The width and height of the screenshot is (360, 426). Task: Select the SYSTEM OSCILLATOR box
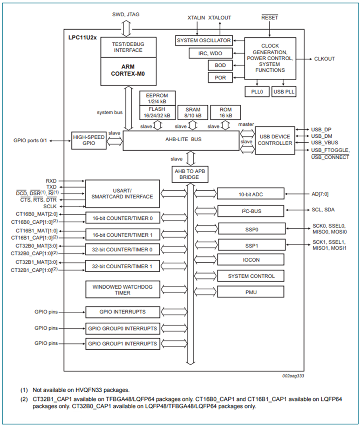tap(204, 40)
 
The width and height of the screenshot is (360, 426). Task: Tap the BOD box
tap(220, 65)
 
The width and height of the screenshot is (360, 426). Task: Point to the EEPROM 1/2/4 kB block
tap(157, 98)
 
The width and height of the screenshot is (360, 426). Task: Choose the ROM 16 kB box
tap(225, 113)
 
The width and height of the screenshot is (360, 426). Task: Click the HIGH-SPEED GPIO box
tap(89, 140)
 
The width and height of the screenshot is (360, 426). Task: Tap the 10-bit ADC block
tap(250, 194)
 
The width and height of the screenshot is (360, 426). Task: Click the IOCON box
tap(250, 260)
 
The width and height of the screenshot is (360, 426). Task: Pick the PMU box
tap(250, 292)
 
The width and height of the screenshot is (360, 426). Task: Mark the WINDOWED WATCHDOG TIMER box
tap(122, 290)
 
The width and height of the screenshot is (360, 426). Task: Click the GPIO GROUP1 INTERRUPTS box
tap(122, 344)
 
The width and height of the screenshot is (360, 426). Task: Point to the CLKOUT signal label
tap(324, 59)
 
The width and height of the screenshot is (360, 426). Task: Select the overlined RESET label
tap(270, 17)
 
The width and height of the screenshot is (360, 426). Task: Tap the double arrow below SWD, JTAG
tap(126, 28)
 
